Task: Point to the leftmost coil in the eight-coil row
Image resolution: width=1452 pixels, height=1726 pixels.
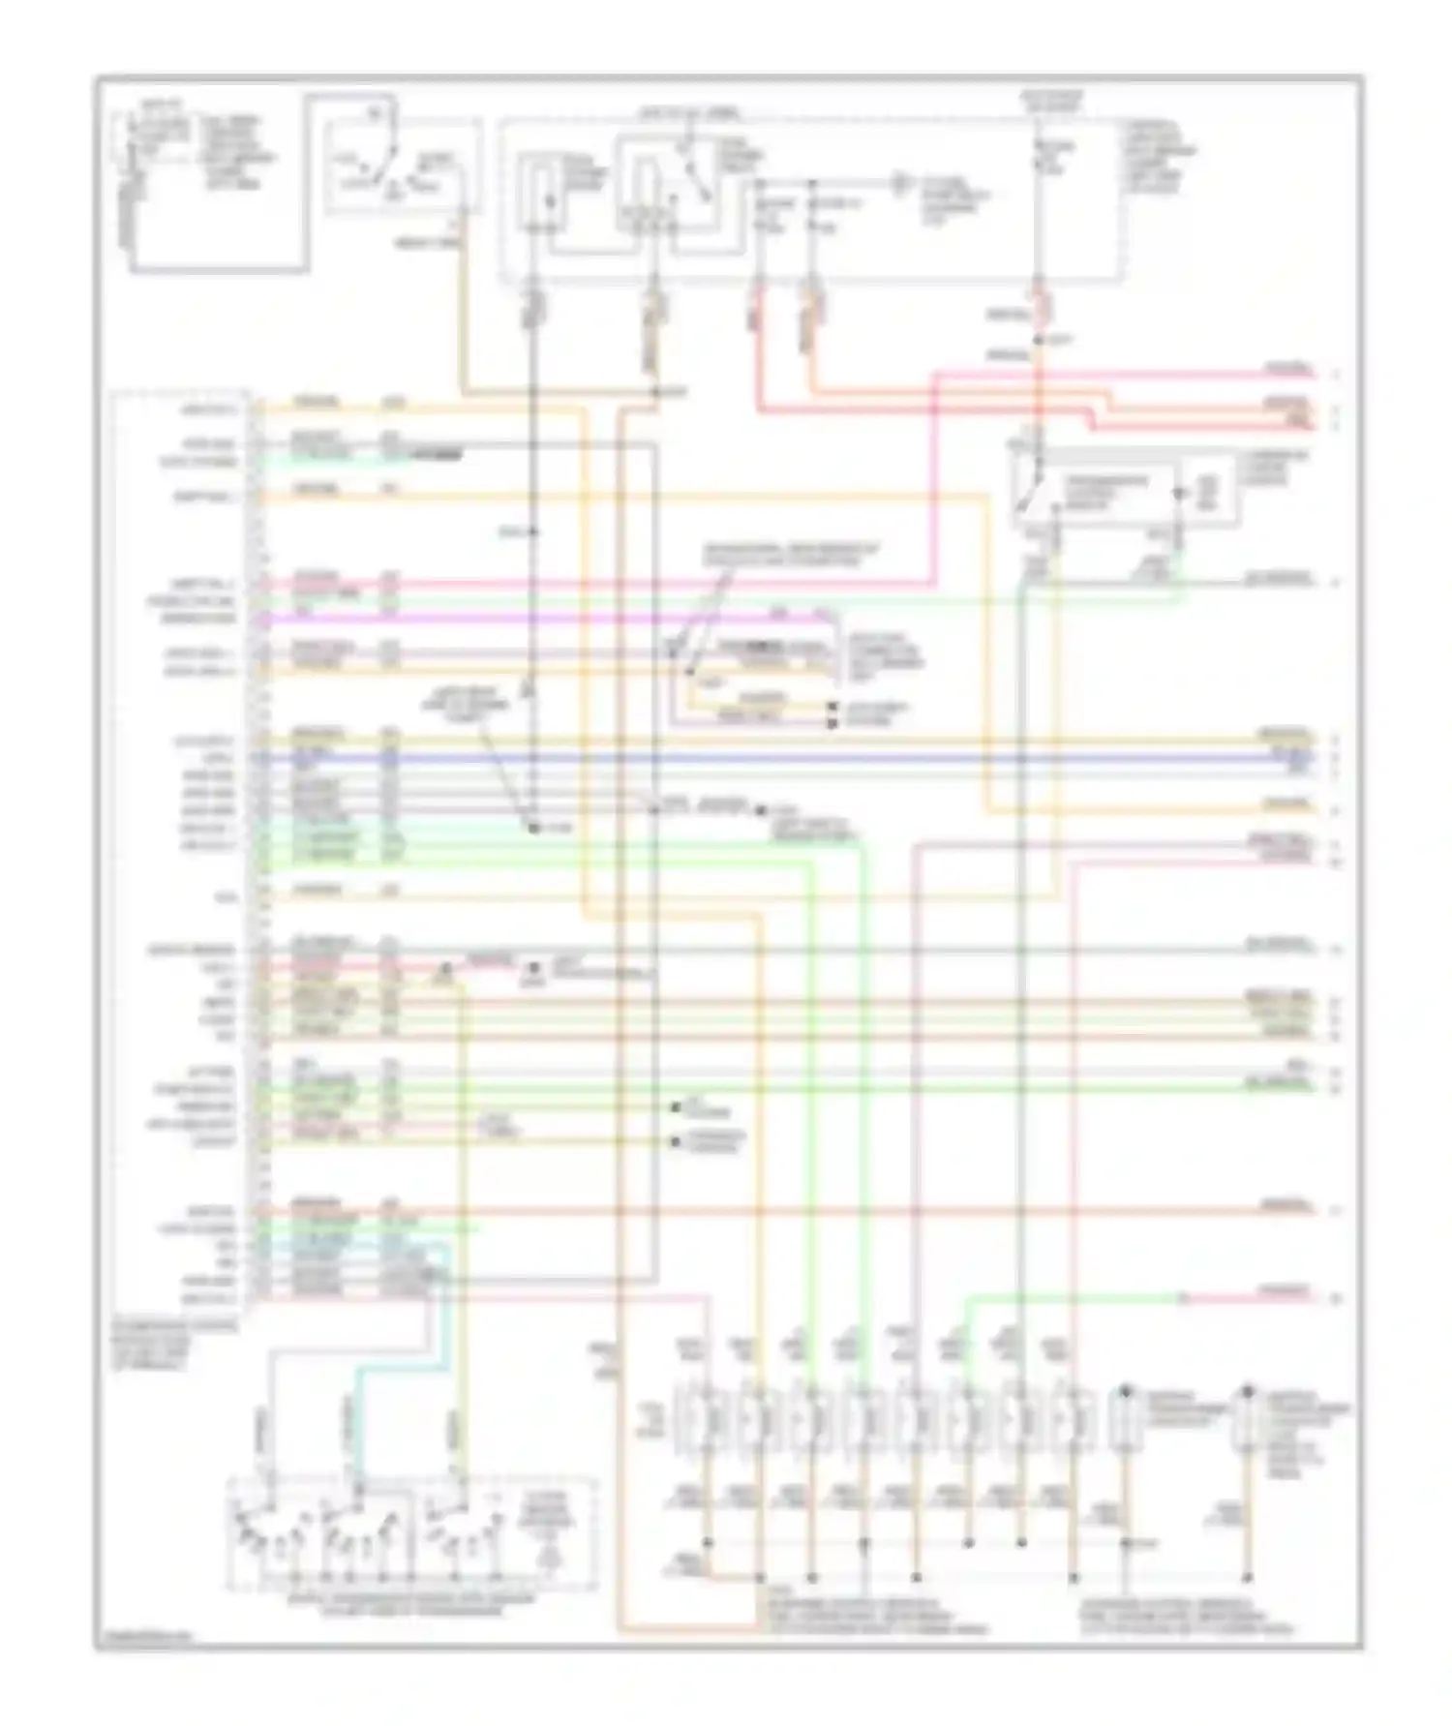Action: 711,1420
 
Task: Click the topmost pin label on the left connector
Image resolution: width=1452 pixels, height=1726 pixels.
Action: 208,410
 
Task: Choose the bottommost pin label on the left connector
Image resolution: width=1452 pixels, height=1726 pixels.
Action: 208,1297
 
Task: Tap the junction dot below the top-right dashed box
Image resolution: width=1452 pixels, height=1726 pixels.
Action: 1037,341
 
